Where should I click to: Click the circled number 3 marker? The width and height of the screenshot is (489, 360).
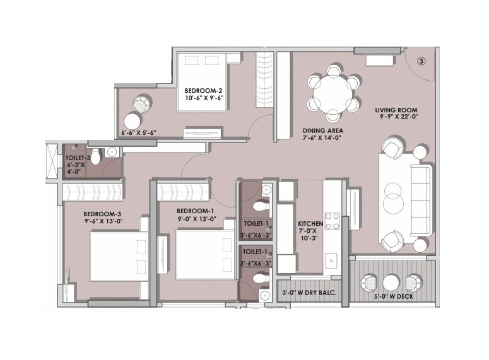(x=421, y=62)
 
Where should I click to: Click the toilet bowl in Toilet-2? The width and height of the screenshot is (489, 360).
(x=94, y=154)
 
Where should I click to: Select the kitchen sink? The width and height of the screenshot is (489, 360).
(x=331, y=259)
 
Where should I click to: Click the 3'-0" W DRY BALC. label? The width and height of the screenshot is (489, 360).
(x=309, y=291)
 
